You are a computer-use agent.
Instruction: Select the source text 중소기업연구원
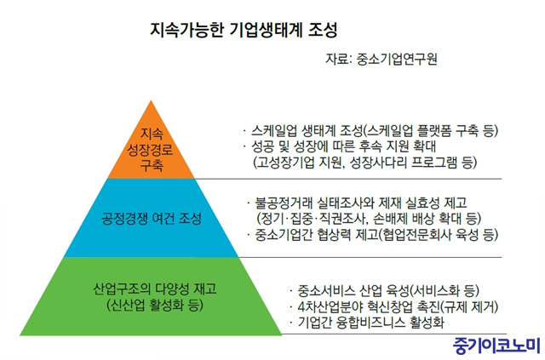tap(397, 60)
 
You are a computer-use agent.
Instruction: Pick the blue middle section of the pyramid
tap(151, 218)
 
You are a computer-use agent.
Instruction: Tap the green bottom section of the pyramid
tap(151, 296)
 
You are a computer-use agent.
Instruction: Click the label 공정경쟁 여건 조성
tap(152, 219)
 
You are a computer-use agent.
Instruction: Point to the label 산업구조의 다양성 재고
tap(155, 289)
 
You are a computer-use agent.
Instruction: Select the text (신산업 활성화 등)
tap(155, 305)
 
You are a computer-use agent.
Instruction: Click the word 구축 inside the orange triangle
tap(152, 165)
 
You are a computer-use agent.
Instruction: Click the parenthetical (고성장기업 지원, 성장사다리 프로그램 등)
tap(364, 163)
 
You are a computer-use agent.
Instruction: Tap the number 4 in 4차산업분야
tap(301, 307)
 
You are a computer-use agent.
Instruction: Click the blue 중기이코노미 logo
tap(497, 346)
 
